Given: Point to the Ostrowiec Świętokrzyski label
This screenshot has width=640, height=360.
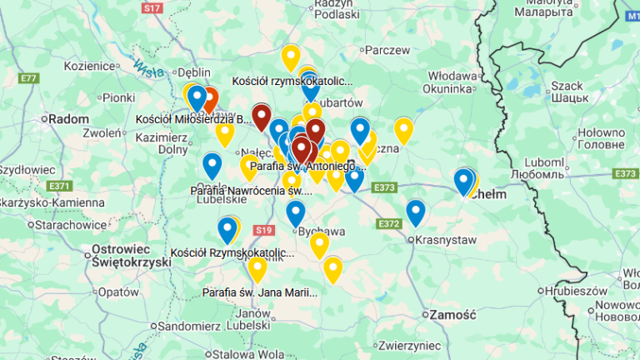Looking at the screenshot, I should click(x=130, y=255).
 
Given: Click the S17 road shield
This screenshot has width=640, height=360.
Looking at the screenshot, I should click(x=151, y=7).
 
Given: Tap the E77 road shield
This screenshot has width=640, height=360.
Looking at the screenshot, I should click(x=29, y=78).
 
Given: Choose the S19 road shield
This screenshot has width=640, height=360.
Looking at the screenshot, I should click(x=264, y=230).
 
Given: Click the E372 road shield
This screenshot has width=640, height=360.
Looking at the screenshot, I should click(x=388, y=223).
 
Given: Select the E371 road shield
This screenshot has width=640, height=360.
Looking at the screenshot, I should click(x=59, y=185).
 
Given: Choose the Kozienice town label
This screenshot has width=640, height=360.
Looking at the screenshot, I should click(x=87, y=66).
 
